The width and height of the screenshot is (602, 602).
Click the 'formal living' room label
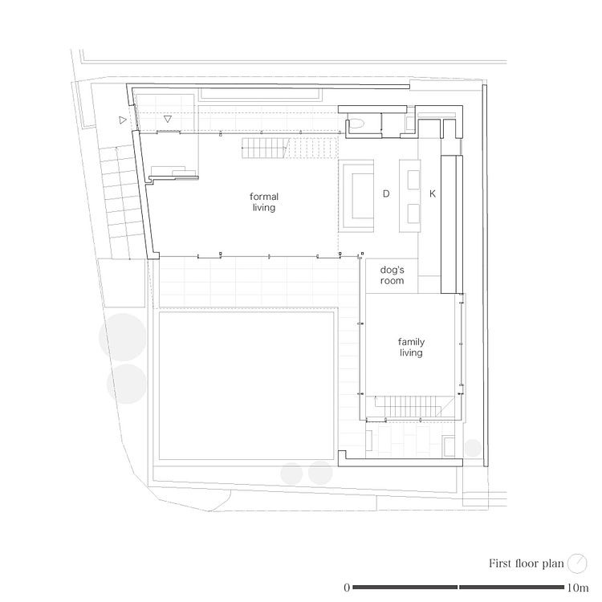(x=264, y=202)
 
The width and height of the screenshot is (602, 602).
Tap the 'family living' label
(x=411, y=347)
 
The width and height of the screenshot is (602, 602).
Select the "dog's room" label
(x=392, y=275)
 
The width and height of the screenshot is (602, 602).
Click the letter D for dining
(x=386, y=193)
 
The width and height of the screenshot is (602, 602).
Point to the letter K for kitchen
(x=433, y=194)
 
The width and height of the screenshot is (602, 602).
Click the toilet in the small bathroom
(x=356, y=124)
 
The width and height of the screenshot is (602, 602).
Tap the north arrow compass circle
(x=577, y=563)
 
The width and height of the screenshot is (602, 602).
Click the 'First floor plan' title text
(x=526, y=563)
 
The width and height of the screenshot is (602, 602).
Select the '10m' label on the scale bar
(x=578, y=588)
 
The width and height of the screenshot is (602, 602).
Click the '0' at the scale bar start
(x=347, y=588)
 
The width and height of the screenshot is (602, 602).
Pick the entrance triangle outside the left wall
(x=123, y=120)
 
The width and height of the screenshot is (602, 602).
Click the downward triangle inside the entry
(x=168, y=119)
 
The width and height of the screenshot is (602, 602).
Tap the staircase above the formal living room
(x=290, y=148)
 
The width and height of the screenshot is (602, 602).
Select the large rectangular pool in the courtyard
(x=246, y=386)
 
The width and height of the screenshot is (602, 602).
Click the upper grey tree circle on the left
(x=123, y=337)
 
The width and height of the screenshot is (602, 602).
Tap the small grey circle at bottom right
(x=473, y=448)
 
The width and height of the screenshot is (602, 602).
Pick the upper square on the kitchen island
(x=413, y=180)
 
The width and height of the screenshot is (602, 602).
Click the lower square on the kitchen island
(x=413, y=214)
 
